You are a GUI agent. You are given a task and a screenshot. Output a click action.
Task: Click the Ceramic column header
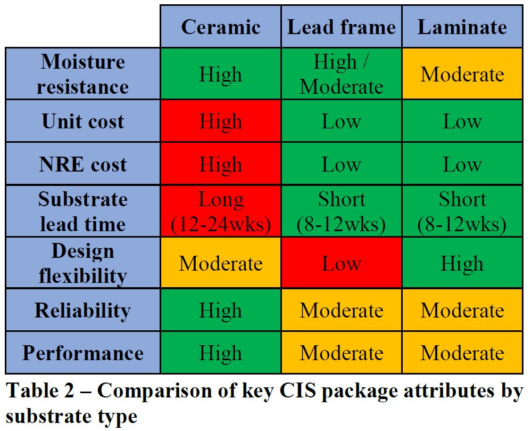pyautogui.click(x=221, y=27)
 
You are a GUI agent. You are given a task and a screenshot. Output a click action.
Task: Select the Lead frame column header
pyautogui.click(x=342, y=27)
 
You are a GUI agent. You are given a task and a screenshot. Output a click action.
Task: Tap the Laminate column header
pyautogui.click(x=462, y=27)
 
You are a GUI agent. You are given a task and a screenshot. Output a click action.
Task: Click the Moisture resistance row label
pyautogui.click(x=83, y=74)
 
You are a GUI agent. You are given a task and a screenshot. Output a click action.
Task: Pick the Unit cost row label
pyautogui.click(x=83, y=121)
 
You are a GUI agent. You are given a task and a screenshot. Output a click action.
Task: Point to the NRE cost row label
pyautogui.click(x=83, y=164)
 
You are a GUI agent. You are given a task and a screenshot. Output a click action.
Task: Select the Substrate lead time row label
pyautogui.click(x=83, y=212)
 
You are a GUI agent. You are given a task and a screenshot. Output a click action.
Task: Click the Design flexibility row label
pyautogui.click(x=83, y=263)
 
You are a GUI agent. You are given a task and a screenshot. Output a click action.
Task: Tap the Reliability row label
pyautogui.click(x=83, y=310)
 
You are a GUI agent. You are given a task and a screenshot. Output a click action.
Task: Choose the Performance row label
pyautogui.click(x=83, y=353)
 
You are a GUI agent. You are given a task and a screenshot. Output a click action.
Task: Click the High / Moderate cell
pyautogui.click(x=342, y=74)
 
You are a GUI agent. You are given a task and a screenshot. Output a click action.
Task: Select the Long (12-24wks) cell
pyautogui.click(x=221, y=212)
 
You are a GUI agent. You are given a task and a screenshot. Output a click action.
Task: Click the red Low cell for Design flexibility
pyautogui.click(x=342, y=263)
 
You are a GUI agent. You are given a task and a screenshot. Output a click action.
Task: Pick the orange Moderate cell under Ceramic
pyautogui.click(x=221, y=263)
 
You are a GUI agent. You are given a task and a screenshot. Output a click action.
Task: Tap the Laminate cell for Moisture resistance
pyautogui.click(x=462, y=74)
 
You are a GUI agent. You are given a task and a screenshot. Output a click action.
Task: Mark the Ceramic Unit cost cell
pyautogui.click(x=221, y=121)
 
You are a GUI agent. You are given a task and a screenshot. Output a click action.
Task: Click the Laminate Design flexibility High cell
pyautogui.click(x=462, y=263)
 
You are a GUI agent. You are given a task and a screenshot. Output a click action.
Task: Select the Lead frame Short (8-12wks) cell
pyautogui.click(x=342, y=212)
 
